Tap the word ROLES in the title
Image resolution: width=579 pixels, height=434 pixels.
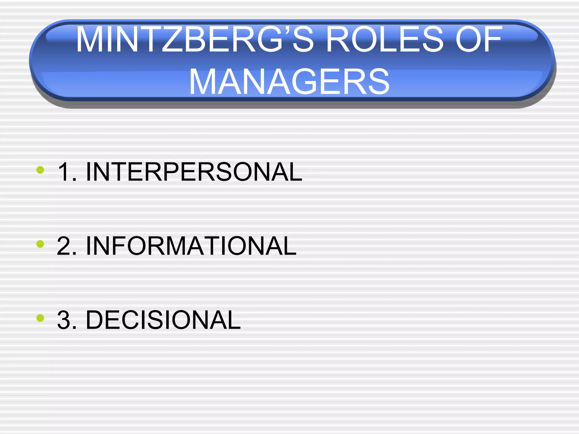[x=384, y=40]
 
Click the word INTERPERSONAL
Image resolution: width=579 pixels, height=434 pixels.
[x=194, y=172]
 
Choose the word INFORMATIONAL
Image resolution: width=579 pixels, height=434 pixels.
[x=191, y=246]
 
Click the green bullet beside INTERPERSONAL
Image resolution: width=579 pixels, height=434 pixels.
[x=40, y=170]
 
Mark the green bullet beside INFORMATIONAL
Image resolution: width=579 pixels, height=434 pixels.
[x=40, y=244]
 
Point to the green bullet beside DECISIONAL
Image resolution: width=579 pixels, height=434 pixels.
[x=40, y=318]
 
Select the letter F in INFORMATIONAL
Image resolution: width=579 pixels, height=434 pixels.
[x=122, y=246]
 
